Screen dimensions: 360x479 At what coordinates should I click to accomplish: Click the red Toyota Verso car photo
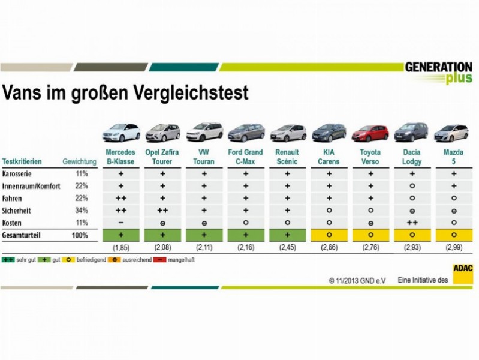370,133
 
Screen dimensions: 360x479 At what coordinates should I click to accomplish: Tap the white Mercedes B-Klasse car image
121,133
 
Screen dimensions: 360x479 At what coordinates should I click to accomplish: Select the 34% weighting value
82,210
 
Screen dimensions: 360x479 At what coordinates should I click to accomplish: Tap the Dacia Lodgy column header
411,157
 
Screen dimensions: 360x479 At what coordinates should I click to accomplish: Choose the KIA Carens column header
329,157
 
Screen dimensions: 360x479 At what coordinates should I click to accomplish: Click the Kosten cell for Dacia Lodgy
411,222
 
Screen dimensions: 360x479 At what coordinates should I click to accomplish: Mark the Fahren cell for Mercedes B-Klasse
121,198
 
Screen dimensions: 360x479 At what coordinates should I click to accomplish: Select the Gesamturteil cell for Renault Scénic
287,235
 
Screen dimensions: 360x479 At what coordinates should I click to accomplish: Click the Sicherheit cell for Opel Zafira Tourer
162,210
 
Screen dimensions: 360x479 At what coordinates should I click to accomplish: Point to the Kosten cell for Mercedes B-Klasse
121,222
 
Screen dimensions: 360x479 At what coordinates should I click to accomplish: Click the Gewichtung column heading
79,162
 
